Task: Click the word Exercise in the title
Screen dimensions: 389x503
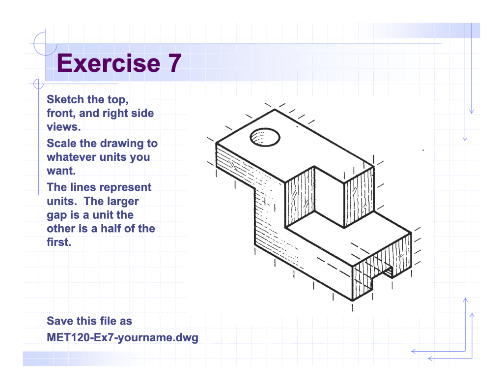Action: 106,63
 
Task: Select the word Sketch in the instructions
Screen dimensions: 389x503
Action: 65,99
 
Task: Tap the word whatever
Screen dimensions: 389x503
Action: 71,157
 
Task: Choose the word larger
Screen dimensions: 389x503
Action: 122,202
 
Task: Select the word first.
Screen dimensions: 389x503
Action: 58,242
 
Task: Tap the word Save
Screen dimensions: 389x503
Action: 60,321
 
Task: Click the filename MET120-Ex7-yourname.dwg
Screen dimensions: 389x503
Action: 122,338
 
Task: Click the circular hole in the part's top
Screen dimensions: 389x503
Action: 265,137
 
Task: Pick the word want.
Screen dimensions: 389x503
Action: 61,171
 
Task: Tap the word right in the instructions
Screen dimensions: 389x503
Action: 115,114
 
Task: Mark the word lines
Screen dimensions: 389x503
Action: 82,187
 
